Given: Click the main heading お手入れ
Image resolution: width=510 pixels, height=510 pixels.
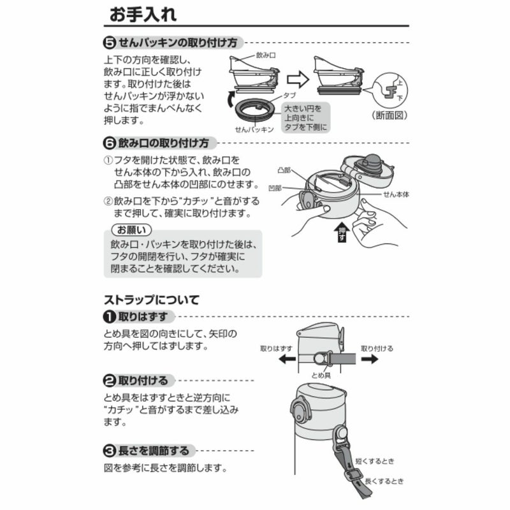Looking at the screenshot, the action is (143, 14).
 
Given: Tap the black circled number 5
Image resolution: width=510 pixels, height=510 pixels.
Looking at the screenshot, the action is (110, 43).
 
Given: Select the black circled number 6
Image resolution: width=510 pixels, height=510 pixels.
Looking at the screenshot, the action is (110, 143).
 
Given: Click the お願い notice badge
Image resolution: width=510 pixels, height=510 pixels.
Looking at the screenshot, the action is (131, 230).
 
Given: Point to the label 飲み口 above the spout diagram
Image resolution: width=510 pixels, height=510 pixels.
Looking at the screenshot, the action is (266, 55).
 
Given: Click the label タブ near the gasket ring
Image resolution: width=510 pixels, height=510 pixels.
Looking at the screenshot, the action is (289, 95).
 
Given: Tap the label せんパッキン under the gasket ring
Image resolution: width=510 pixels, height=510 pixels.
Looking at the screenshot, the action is (254, 129).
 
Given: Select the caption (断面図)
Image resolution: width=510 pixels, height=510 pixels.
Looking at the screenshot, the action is (389, 115).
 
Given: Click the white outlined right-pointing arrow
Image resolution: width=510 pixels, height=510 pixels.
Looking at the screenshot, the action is (298, 80).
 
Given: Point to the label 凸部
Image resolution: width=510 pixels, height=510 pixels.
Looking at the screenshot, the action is (284, 170).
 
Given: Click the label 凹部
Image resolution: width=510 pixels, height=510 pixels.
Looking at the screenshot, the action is (275, 188).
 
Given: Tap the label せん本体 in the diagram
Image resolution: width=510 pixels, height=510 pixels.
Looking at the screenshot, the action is (396, 194).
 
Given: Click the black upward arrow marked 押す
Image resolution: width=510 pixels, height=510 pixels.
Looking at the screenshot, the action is (342, 232).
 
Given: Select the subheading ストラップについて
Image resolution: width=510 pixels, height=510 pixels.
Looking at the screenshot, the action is (152, 300).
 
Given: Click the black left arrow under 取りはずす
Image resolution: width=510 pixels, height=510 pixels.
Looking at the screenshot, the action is (288, 359).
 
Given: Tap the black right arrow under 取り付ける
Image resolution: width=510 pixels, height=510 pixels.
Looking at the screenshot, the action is (370, 359).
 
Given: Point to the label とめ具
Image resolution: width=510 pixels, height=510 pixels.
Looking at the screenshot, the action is (321, 375).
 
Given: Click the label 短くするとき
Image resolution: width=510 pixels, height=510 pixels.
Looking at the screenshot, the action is (375, 461).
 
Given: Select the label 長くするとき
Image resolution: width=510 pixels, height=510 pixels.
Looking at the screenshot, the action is (384, 481).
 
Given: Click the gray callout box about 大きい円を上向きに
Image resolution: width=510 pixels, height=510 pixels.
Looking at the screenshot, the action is (305, 118).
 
